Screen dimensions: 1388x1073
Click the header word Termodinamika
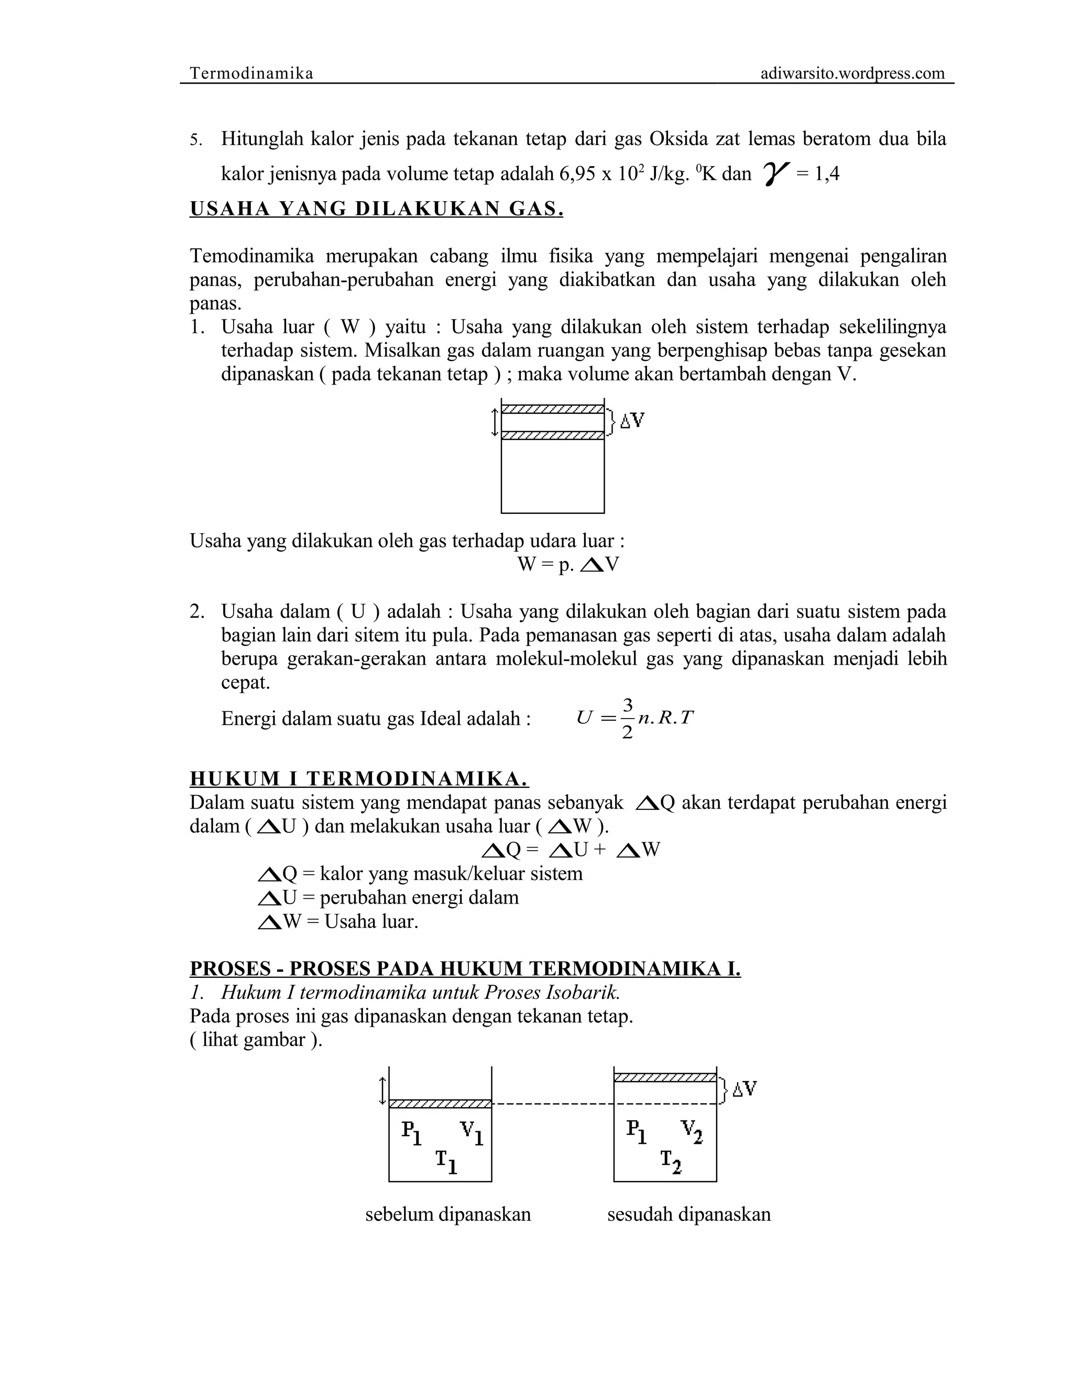point(251,73)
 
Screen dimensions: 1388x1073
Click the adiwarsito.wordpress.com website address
point(852,73)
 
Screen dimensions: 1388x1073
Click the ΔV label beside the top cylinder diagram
point(632,420)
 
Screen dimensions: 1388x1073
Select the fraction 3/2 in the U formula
point(627,719)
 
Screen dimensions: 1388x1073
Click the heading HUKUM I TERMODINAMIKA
point(359,778)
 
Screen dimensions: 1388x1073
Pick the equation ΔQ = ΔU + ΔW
point(571,850)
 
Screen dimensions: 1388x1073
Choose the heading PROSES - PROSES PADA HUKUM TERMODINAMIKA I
point(465,968)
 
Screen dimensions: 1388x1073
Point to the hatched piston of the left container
point(440,1103)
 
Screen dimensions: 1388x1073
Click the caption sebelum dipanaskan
point(447,1215)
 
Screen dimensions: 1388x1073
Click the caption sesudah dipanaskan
point(688,1215)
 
